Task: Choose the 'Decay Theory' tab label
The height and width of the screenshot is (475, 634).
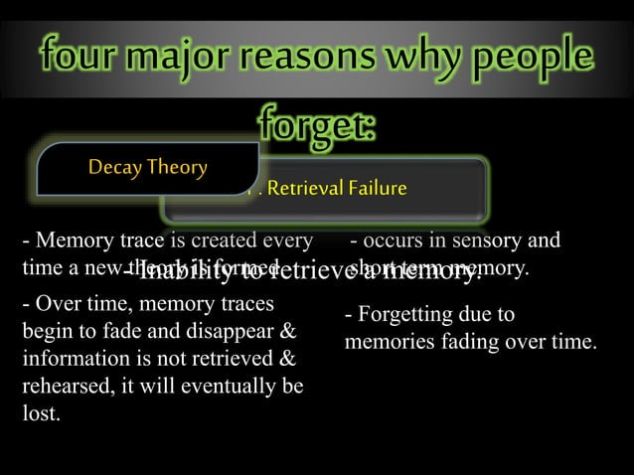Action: [148, 166]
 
